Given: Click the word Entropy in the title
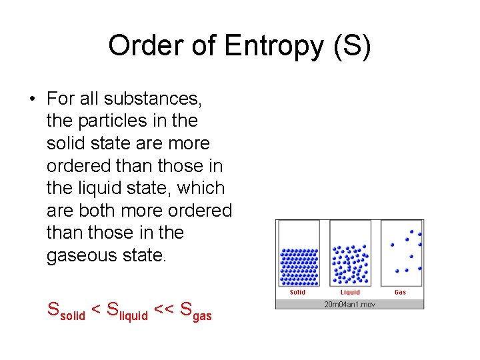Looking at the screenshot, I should coord(273,47).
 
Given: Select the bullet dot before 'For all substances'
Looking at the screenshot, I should coord(31,99).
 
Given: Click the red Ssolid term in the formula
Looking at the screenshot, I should coord(66,310).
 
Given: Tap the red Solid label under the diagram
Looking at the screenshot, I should coord(297,292).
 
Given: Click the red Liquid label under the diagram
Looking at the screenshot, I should coord(350,292).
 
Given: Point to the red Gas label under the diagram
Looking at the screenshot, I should coord(400,292).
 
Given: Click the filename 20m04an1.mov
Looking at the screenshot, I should coord(349,304).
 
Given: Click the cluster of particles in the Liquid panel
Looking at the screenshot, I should coord(350,263).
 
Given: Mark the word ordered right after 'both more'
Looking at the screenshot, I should coord(199,211).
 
